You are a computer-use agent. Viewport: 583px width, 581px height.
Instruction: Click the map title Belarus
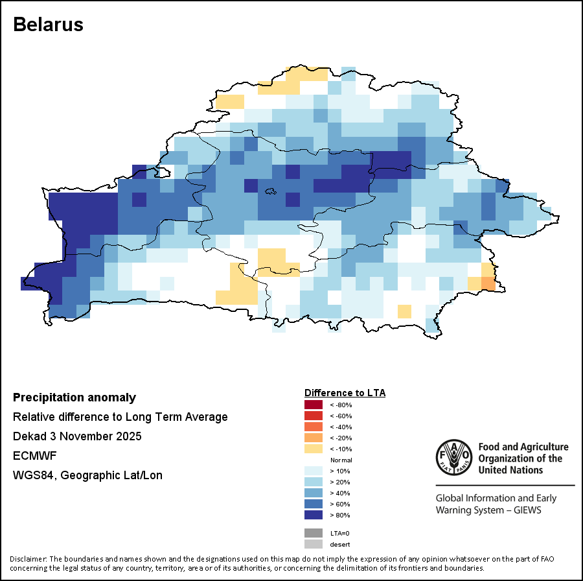[x=49, y=25]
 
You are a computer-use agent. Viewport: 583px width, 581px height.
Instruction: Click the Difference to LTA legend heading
[x=345, y=393]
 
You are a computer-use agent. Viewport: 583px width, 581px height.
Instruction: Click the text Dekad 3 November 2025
[x=77, y=436]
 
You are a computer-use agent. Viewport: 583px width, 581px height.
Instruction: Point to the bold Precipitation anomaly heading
[x=74, y=397]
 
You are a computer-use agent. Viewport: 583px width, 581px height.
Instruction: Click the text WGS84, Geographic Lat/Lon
[x=87, y=475]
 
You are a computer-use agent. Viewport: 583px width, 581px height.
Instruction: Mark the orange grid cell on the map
[x=488, y=283]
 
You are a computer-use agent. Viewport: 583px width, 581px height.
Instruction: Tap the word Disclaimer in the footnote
[x=27, y=559]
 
